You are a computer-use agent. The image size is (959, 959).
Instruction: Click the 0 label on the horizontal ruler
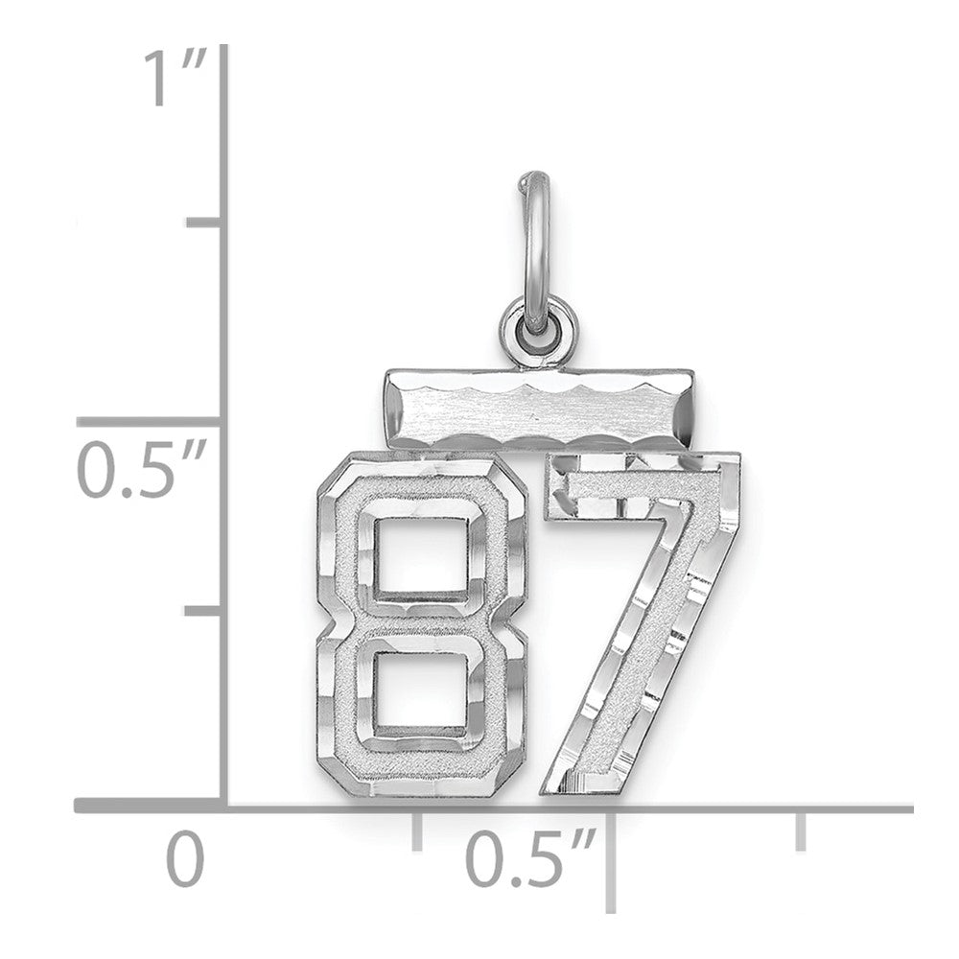pos(187,859)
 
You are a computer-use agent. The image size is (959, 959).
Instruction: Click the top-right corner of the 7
pos(737,455)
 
